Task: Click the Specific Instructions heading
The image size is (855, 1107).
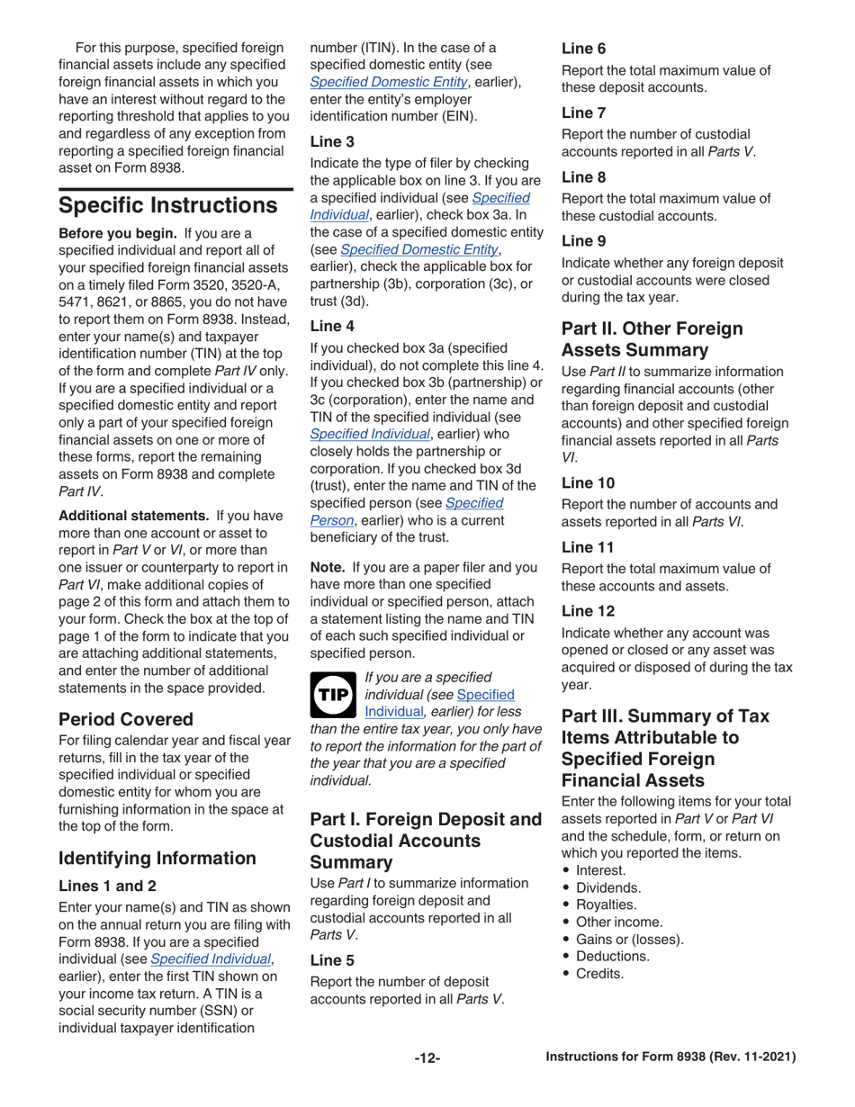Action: click(167, 205)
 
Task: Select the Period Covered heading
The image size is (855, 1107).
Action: click(126, 719)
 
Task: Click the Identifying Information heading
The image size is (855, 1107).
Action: click(159, 857)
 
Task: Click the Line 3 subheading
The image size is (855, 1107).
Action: click(332, 140)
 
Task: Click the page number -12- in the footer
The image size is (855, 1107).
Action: click(427, 1057)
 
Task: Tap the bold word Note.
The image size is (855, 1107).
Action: click(328, 568)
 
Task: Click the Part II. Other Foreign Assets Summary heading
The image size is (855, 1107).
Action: click(652, 338)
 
